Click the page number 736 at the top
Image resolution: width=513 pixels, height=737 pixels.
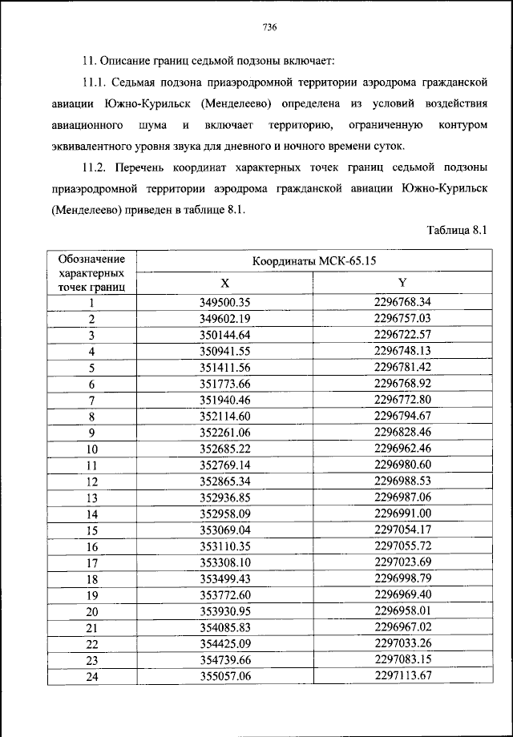click(x=269, y=27)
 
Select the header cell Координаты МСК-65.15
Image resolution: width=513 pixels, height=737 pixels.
click(x=314, y=261)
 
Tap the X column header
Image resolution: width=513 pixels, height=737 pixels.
click(x=225, y=283)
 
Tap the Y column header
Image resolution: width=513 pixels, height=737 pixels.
click(x=402, y=283)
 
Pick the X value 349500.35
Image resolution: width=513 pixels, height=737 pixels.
click(x=225, y=303)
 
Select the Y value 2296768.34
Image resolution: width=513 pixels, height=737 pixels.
click(x=402, y=303)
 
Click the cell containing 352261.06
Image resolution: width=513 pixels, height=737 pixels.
click(x=225, y=433)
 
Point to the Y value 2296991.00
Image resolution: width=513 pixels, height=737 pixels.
click(x=402, y=513)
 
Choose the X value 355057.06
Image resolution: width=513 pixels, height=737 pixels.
click(x=225, y=676)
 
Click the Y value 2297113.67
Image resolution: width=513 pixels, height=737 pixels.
click(x=402, y=676)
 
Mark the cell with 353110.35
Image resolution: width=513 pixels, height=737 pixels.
click(x=225, y=546)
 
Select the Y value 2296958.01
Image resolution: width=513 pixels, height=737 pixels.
click(x=402, y=611)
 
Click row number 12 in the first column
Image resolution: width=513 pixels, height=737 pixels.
click(x=91, y=481)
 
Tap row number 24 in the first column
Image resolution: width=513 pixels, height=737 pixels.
click(x=91, y=676)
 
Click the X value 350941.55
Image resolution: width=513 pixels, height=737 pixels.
click(x=225, y=352)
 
